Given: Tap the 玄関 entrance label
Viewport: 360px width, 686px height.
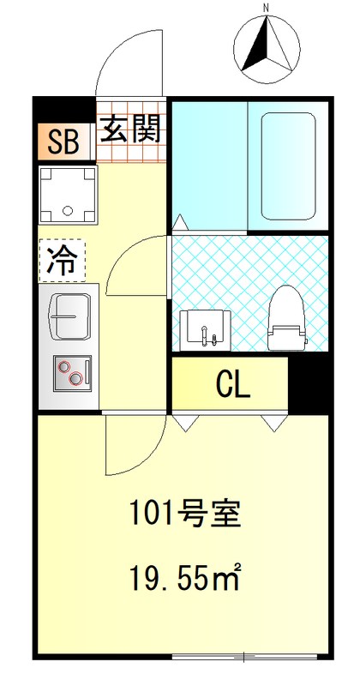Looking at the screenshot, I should pyautogui.click(x=131, y=131).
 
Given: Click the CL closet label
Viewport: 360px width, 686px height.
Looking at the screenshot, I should pyautogui.click(x=231, y=386).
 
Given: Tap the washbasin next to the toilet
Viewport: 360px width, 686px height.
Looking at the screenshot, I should pyautogui.click(x=204, y=328).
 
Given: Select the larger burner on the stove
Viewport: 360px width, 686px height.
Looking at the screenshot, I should pyautogui.click(x=64, y=368).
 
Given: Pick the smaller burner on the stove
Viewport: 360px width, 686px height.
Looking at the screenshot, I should pyautogui.click(x=78, y=377).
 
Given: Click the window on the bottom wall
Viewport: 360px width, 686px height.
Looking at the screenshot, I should pyautogui.click(x=244, y=657).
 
